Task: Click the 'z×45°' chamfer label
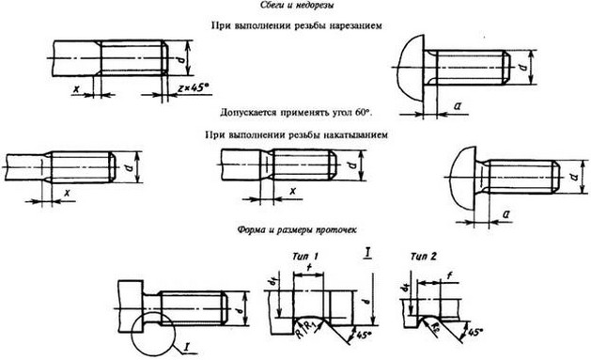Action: coord(193,87)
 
